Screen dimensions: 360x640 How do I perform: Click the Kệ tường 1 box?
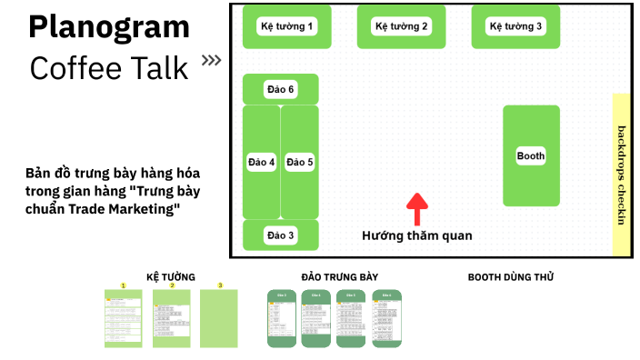tap(287, 26)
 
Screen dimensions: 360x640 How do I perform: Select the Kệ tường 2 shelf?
tap(401, 26)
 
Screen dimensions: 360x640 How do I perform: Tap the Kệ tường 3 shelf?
tap(515, 26)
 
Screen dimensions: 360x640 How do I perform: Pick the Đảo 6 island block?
tap(281, 89)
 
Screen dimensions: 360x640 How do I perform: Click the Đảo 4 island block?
tap(261, 162)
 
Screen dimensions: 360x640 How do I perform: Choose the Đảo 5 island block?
tap(300, 162)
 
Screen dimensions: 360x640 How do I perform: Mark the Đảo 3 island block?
tap(281, 235)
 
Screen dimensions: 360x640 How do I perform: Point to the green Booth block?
tap(531, 155)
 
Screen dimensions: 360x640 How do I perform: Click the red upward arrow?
tap(416, 208)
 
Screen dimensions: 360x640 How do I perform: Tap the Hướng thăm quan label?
tap(416, 235)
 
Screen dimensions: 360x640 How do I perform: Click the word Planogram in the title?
tap(109, 27)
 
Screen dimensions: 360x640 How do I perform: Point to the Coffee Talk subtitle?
tap(109, 67)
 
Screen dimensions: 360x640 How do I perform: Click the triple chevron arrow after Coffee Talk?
tap(211, 62)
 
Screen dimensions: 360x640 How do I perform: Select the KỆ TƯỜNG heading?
tap(171, 276)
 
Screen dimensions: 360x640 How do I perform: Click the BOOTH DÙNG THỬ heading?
tap(510, 276)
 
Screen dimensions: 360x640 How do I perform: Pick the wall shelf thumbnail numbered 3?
tap(219, 318)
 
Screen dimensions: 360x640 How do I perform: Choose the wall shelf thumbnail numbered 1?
tap(123, 318)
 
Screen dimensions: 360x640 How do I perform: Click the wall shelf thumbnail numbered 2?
tap(171, 318)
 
